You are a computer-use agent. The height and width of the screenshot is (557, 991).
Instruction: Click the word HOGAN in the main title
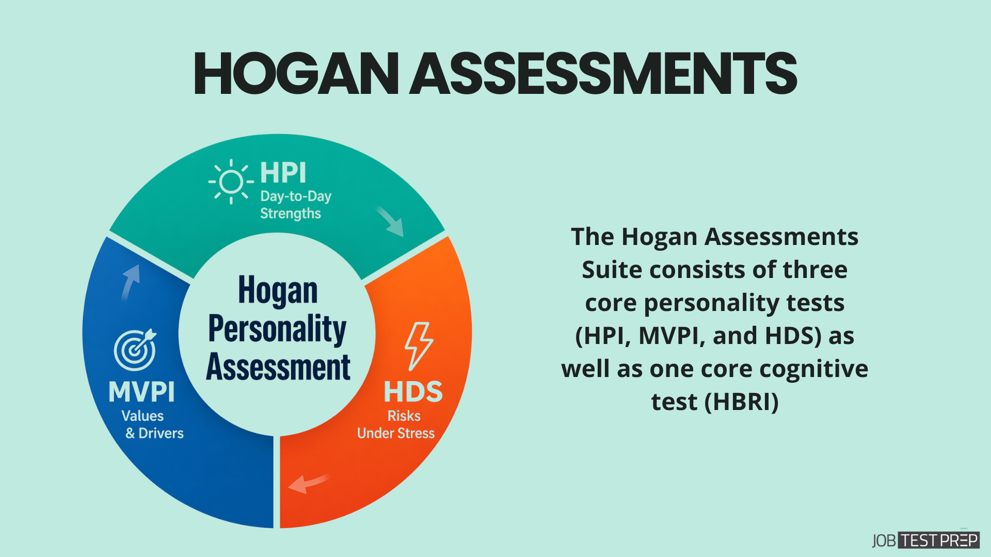click(296, 74)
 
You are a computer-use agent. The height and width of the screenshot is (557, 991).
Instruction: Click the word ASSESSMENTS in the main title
click(603, 74)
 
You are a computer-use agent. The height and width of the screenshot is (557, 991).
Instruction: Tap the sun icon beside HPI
click(231, 182)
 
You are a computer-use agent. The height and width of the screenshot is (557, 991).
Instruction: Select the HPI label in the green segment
click(283, 173)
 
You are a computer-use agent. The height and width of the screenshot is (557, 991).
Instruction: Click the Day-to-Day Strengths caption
click(295, 205)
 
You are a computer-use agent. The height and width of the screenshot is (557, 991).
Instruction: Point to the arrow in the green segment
click(390, 221)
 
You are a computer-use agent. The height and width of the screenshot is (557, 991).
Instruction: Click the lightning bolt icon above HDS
click(418, 346)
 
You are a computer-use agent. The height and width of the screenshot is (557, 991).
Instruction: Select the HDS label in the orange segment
click(413, 392)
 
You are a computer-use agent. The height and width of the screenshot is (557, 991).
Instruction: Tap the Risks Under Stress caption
click(396, 424)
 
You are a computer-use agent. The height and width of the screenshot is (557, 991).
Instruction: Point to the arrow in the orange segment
click(308, 483)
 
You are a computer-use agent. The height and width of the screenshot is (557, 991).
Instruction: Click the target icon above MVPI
click(135, 350)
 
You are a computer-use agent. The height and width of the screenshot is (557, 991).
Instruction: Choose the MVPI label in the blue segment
click(141, 392)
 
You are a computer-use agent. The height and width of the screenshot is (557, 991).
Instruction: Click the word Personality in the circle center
click(277, 329)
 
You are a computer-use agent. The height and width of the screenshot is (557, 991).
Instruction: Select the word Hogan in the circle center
click(278, 290)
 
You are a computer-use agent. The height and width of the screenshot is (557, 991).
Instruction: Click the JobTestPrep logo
click(925, 540)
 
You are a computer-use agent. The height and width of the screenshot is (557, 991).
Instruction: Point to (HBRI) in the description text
click(741, 402)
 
